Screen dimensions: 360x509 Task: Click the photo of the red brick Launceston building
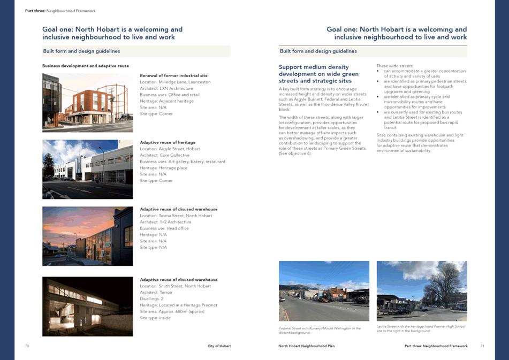coord(87,103)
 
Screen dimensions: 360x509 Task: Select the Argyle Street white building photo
coord(87,169)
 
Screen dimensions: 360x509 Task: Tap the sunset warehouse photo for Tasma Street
coord(87,236)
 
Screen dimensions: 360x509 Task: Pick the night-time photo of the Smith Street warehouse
coord(87,306)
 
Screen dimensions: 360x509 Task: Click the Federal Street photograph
coord(324,290)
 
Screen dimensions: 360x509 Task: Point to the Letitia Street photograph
coord(422,290)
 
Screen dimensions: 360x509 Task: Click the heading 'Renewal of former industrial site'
coord(173,75)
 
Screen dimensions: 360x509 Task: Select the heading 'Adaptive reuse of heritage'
coord(168,142)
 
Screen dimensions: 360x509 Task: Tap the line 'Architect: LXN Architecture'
coord(166,88)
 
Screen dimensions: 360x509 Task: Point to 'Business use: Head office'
coord(165,228)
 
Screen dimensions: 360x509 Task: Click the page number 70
coord(27,346)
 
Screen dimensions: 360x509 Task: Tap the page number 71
coord(482,346)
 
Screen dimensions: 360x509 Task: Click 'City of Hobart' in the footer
coord(219,346)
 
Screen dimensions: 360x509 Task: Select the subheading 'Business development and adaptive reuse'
coord(86,66)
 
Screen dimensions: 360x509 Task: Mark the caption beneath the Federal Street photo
coord(320,330)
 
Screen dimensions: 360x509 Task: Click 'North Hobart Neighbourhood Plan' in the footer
coord(306,346)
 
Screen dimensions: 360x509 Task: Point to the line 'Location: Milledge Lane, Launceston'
coord(175,82)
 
